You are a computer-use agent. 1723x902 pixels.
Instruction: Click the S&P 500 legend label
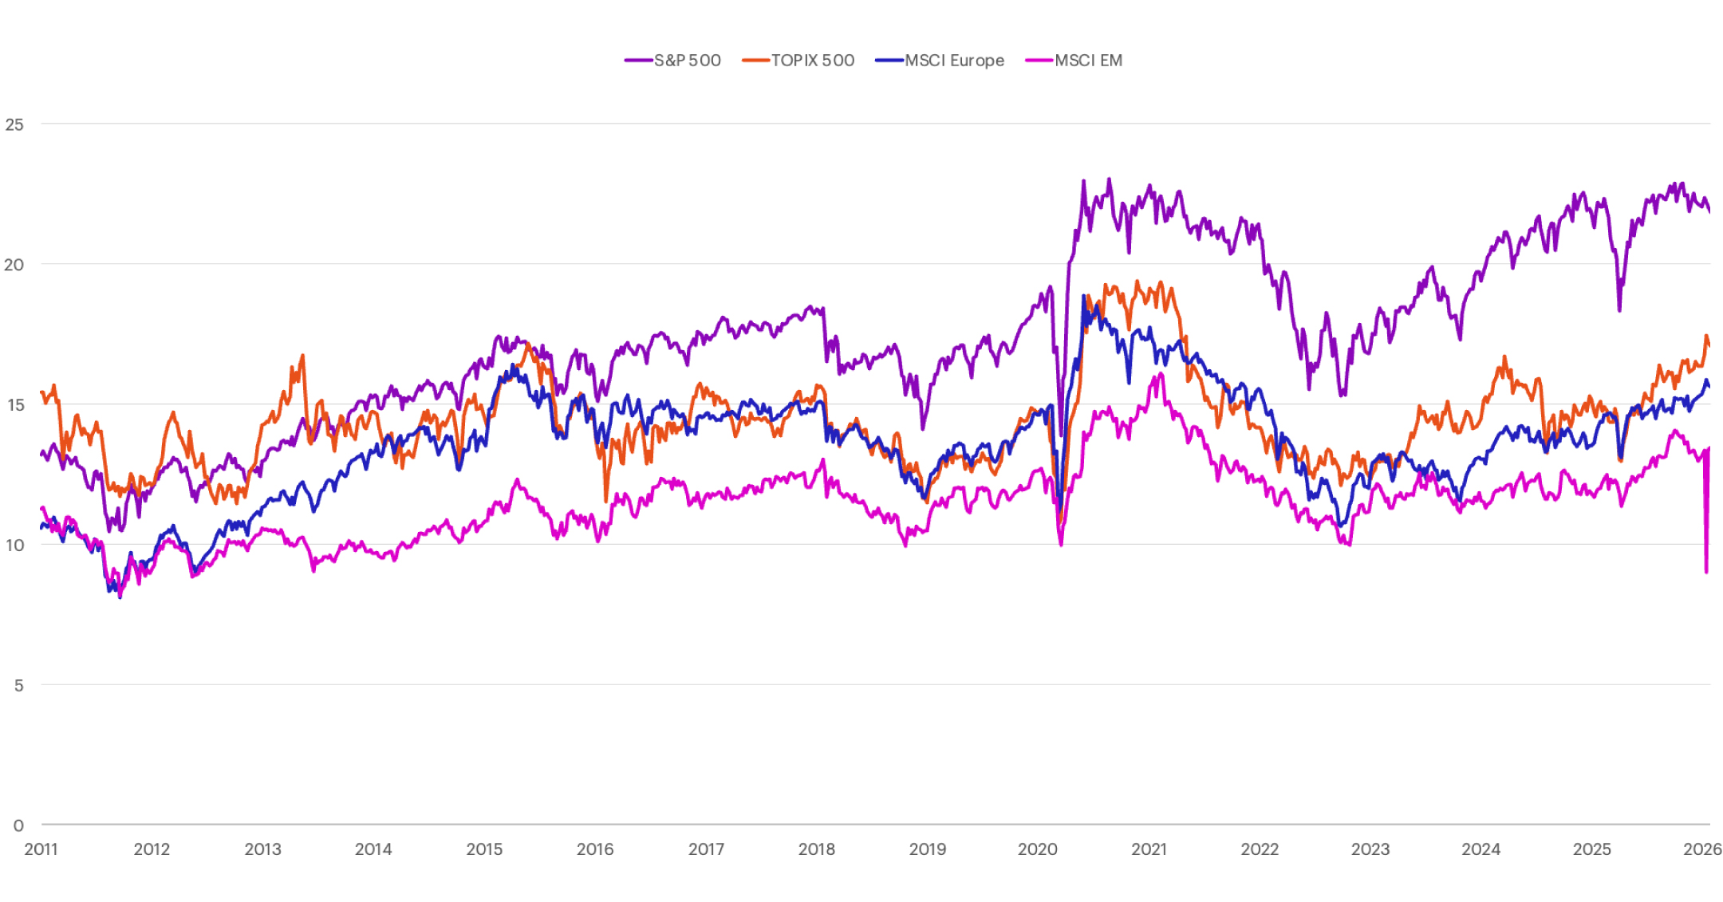pyautogui.click(x=687, y=61)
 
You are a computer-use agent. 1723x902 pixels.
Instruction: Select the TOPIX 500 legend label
pyautogui.click(x=812, y=61)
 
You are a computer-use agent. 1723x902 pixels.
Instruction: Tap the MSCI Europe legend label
pyautogui.click(x=954, y=61)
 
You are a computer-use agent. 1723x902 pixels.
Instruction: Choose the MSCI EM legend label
pyautogui.click(x=1088, y=61)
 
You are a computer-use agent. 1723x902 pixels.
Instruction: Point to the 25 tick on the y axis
pyautogui.click(x=14, y=124)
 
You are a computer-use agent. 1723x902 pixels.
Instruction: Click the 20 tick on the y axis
pyautogui.click(x=14, y=265)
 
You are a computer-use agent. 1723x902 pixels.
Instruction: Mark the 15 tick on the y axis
pyautogui.click(x=14, y=405)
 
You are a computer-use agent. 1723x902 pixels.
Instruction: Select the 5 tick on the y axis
pyautogui.click(x=18, y=685)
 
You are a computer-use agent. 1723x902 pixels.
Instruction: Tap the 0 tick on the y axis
pyautogui.click(x=18, y=825)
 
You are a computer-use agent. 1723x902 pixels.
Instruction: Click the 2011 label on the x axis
pyautogui.click(x=41, y=849)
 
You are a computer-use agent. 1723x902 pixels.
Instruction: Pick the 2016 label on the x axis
pyautogui.click(x=595, y=849)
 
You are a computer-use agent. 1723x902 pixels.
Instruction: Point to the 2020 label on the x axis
pyautogui.click(x=1038, y=849)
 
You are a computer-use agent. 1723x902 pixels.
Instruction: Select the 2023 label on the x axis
pyautogui.click(x=1370, y=849)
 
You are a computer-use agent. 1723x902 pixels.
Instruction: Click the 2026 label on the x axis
pyautogui.click(x=1702, y=849)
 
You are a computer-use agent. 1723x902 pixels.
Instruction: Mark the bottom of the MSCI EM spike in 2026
pyautogui.click(x=1706, y=571)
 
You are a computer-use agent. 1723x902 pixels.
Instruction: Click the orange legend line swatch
pyautogui.click(x=755, y=61)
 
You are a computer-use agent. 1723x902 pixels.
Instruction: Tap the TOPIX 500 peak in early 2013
pyautogui.click(x=302, y=356)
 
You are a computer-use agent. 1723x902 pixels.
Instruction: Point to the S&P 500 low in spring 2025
pyautogui.click(x=1619, y=309)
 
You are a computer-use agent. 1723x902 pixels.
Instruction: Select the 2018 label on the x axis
pyautogui.click(x=817, y=849)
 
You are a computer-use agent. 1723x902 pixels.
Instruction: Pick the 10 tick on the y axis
pyautogui.click(x=14, y=546)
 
